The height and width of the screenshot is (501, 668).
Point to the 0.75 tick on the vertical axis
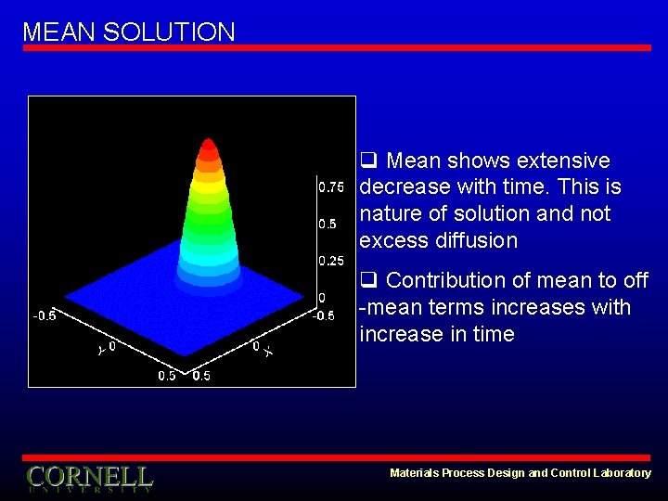330,187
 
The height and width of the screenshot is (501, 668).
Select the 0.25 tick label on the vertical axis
330,262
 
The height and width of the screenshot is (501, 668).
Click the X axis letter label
267,352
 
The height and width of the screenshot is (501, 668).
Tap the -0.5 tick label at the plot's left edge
45,315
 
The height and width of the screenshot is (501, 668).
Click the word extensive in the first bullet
563,161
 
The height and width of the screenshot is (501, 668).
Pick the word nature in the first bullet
391,214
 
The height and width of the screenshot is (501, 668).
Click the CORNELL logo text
89,477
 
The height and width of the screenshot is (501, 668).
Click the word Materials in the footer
414,473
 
